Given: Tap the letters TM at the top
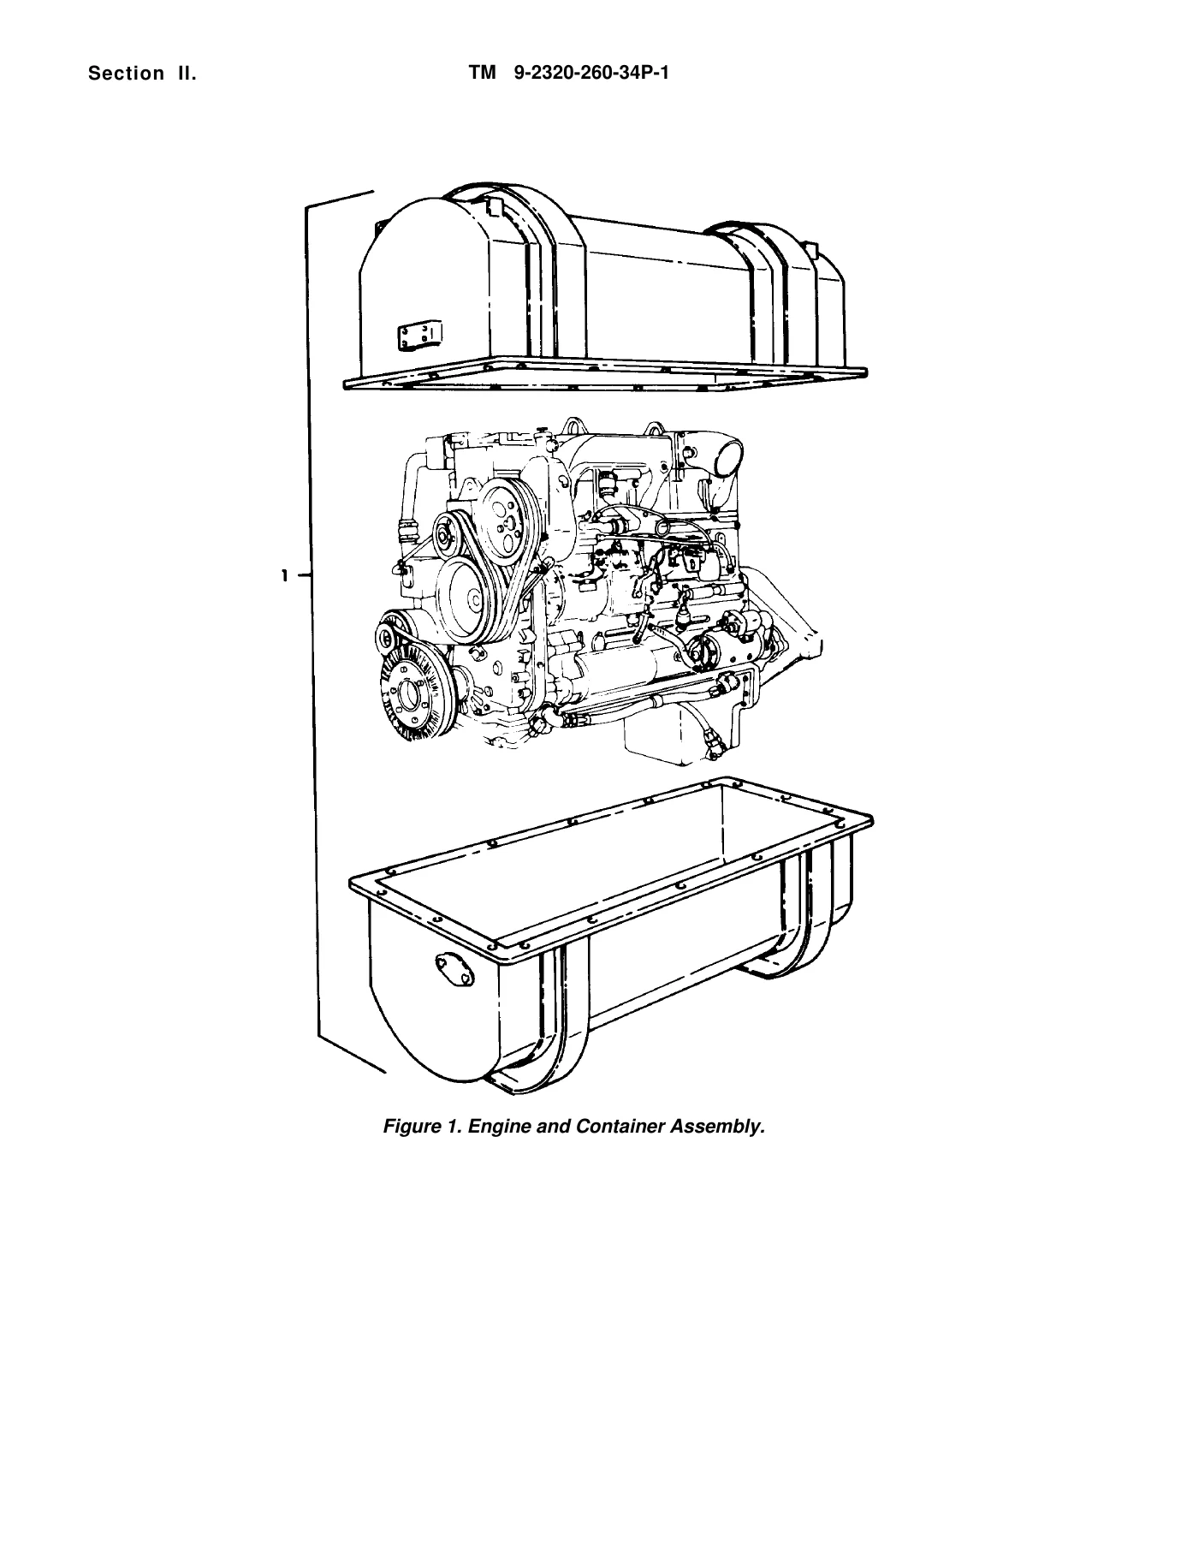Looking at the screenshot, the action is (x=483, y=73).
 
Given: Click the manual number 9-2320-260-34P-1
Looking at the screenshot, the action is (x=591, y=73).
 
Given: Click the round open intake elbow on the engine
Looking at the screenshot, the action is (x=726, y=456).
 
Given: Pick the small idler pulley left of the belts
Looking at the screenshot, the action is (x=447, y=537).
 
